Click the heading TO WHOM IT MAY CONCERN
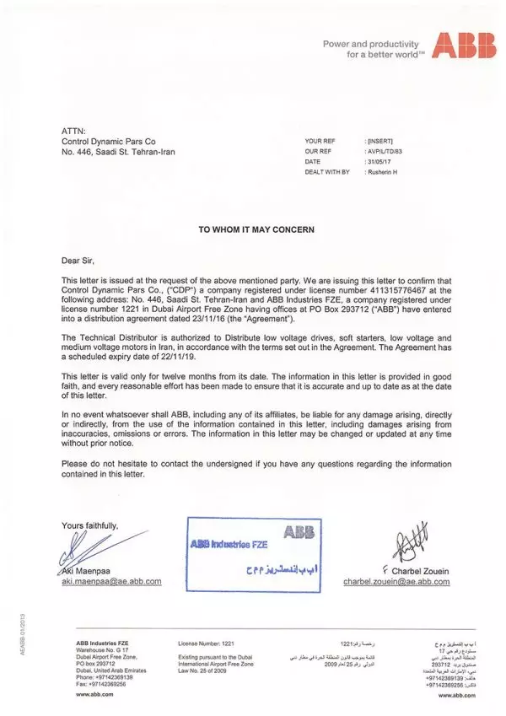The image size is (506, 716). click(x=255, y=229)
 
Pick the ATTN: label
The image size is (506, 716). click(x=73, y=132)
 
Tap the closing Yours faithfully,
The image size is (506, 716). click(x=90, y=525)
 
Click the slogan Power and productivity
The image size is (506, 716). click(x=371, y=43)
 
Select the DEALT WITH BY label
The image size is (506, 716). click(x=328, y=171)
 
